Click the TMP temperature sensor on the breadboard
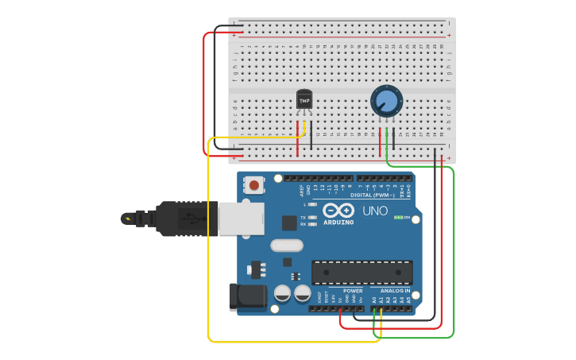tap(304, 100)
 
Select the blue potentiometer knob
tap(386, 101)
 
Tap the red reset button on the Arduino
tap(254, 185)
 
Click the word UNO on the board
tap(375, 211)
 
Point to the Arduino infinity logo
tap(338, 211)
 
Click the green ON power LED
tap(398, 218)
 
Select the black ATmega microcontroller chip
tap(361, 272)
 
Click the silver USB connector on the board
tap(241, 219)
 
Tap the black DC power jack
tap(246, 296)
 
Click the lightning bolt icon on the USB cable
tap(127, 218)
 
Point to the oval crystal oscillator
tap(287, 246)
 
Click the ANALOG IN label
tap(394, 291)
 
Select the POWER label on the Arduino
tap(353, 291)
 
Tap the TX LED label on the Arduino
tap(303, 216)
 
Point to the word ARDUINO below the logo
tap(338, 223)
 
